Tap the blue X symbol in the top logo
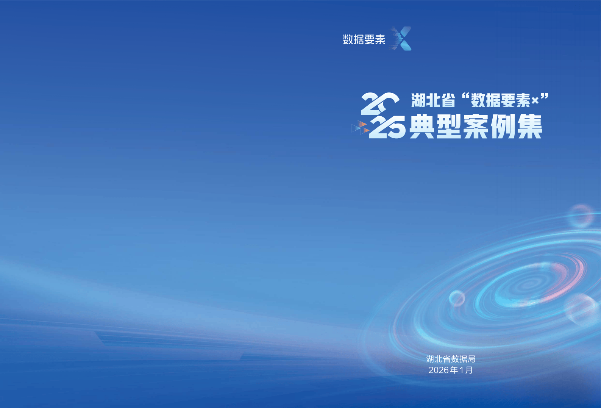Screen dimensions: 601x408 tap(401, 38)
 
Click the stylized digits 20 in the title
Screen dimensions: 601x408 tap(380, 104)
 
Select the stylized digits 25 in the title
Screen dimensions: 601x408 tap(387, 127)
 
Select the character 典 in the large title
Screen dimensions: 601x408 tap(421, 127)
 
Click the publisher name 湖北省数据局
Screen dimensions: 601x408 tap(451, 359)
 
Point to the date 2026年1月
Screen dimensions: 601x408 tap(451, 370)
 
